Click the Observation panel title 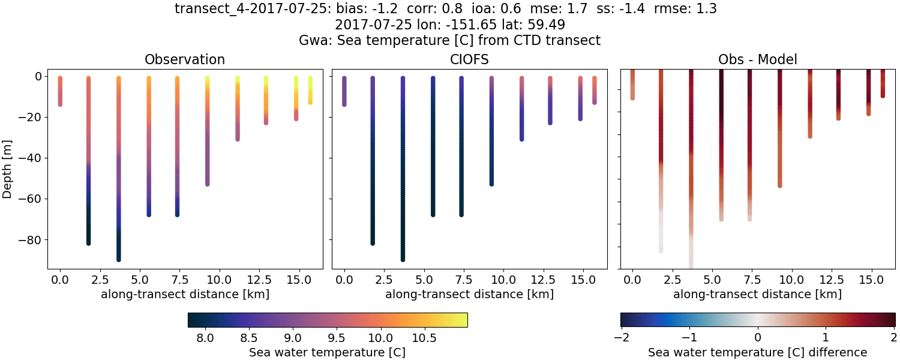click(185, 60)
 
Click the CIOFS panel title click(469, 60)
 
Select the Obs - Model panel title click(757, 60)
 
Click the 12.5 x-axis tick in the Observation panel click(266, 280)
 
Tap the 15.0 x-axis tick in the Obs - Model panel click(868, 280)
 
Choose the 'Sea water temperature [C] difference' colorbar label click(757, 352)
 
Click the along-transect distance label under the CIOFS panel click(469, 295)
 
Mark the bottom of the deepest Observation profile click(119, 259)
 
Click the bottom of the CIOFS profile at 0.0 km click(344, 104)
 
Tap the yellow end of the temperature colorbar click(464, 320)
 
